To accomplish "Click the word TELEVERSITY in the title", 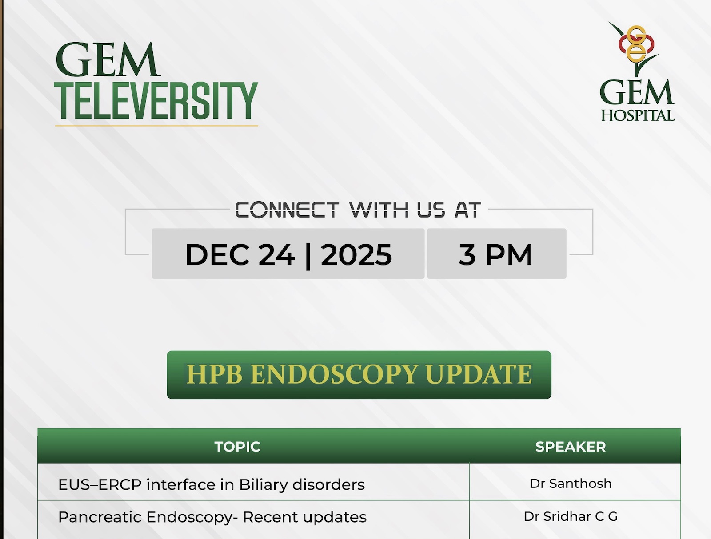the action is pyautogui.click(x=156, y=101).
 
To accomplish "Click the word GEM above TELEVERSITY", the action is pyautogui.click(x=108, y=60).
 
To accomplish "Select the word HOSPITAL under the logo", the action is pyautogui.click(x=638, y=115).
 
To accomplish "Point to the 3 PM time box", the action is pyautogui.click(x=496, y=254).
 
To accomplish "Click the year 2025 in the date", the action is pyautogui.click(x=356, y=254).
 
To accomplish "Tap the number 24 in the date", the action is pyautogui.click(x=277, y=254).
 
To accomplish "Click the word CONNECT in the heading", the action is pyautogui.click(x=287, y=210).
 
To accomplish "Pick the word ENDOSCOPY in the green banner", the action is pyautogui.click(x=334, y=374).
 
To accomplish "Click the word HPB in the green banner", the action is pyautogui.click(x=214, y=374).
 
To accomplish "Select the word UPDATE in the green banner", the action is pyautogui.click(x=479, y=374).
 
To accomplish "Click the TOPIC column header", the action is pyautogui.click(x=237, y=447).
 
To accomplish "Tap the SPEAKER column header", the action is pyautogui.click(x=571, y=447).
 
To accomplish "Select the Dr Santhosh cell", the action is pyautogui.click(x=571, y=484).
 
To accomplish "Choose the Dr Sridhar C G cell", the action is pyautogui.click(x=571, y=516).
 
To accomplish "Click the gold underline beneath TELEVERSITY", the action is pyautogui.click(x=156, y=126).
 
